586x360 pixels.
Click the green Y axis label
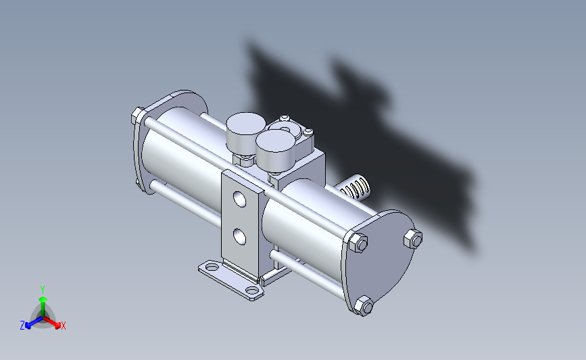coord(42,290)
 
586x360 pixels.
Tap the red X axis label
coord(63,326)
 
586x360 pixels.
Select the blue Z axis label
coord(22,326)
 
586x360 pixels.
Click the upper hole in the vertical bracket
coord(239,199)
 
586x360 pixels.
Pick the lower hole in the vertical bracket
coord(239,237)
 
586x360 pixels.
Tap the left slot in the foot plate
coord(212,267)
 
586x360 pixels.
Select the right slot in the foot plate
coord(252,290)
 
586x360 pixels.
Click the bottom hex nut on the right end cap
coord(363,306)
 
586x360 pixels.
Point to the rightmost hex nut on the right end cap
coord(413,238)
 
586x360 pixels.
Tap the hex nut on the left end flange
coord(139,115)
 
